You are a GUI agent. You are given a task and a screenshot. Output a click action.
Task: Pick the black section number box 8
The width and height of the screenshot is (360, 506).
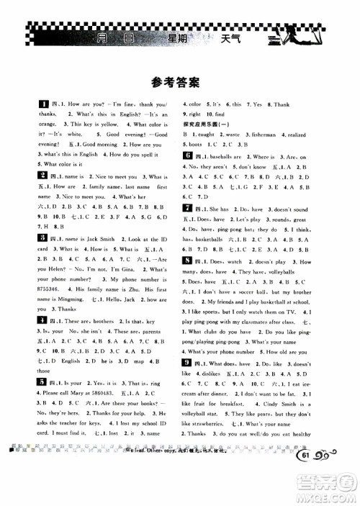click(x=186, y=260)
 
